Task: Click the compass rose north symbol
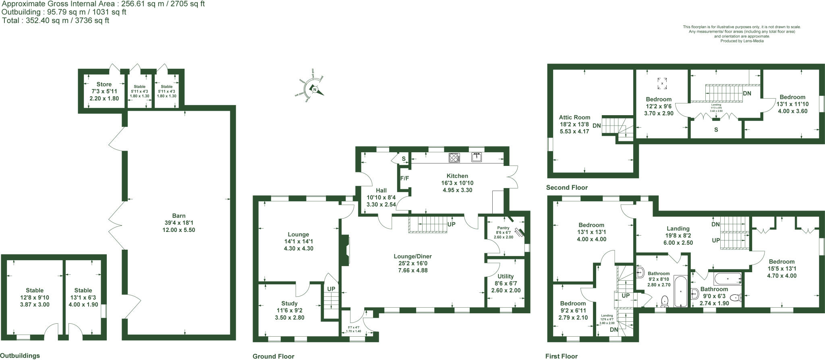click(315, 89)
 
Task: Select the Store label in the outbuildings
click(104, 85)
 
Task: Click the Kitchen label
click(457, 176)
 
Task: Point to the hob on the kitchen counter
click(454, 157)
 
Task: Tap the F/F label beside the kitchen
click(404, 178)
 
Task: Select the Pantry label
click(503, 228)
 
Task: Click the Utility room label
click(506, 276)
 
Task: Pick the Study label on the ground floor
click(289, 304)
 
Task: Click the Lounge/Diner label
click(413, 256)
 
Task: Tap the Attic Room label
click(574, 118)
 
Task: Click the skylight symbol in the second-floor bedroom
click(662, 83)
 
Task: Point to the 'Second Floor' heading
click(567, 188)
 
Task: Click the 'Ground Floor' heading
click(273, 356)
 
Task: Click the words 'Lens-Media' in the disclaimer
click(754, 41)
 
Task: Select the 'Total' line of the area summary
click(56, 21)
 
